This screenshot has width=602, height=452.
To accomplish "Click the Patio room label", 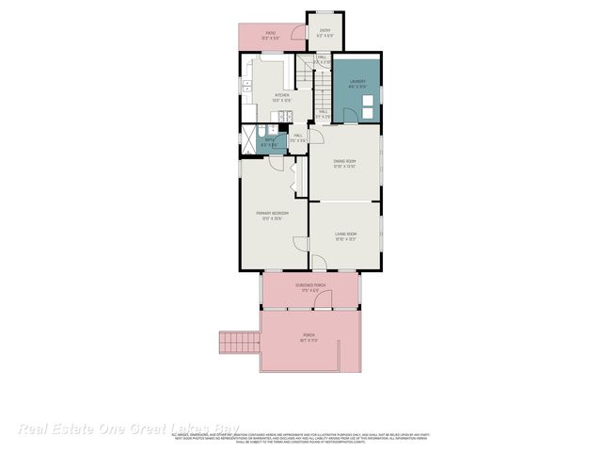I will (270, 34).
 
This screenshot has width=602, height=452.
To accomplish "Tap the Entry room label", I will (325, 31).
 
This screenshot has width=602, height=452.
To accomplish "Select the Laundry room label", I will (357, 82).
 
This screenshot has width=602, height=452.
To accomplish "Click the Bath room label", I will (270, 140).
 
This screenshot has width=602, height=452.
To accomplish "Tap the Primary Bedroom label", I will (272, 214).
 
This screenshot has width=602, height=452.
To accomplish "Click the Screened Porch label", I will (309, 285).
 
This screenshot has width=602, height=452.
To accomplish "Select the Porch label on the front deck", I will (310, 336).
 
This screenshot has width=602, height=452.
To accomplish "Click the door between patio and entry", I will (299, 35).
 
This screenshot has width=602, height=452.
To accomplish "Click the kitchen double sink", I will (247, 89).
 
